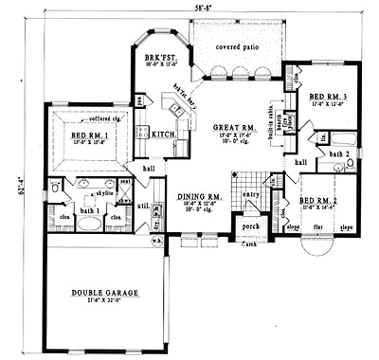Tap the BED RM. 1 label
[x=87, y=135]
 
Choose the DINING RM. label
[x=200, y=196]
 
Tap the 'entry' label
[x=251, y=194]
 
